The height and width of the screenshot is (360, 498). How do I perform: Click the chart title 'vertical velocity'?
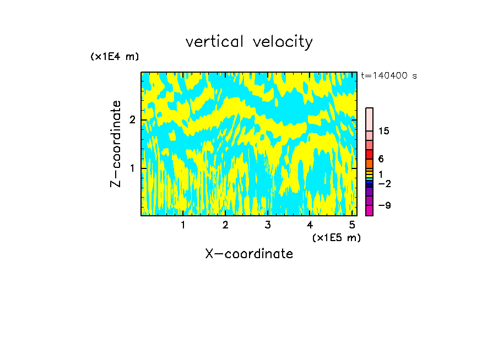coord(249,42)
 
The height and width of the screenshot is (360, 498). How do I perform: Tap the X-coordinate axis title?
coord(249,254)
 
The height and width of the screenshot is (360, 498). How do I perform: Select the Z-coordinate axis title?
coord(116,144)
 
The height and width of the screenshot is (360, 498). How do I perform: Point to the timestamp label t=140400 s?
coord(389,76)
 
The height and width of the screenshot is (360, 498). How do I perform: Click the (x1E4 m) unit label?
coord(115,57)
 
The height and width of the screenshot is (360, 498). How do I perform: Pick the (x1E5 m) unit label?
coord(336,238)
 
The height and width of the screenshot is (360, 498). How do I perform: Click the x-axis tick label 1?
coord(183,225)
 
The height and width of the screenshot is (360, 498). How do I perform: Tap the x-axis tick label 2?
coord(225,225)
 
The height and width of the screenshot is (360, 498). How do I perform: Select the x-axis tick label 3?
coord(268,225)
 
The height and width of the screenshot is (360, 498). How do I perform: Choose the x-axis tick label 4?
coord(310,225)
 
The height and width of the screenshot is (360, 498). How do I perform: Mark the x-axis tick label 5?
coord(352,225)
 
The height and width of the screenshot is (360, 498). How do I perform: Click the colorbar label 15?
coord(384,131)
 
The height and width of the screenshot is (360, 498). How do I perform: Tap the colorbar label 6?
coord(381,159)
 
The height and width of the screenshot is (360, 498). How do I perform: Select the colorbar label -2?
coord(384,184)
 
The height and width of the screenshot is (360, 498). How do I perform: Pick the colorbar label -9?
coord(384,206)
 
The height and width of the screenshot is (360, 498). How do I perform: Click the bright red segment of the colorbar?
coord(369,154)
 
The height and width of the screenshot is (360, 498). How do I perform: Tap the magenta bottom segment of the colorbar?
coord(369,210)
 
